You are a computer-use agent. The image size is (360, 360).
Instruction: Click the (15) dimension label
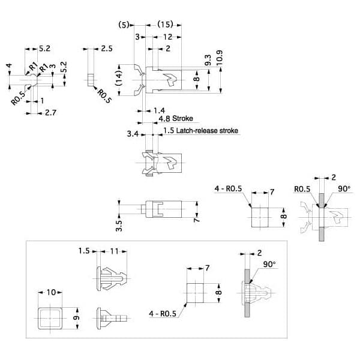pyautogui.click(x=165, y=25)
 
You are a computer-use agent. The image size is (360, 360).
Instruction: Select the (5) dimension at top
pyautogui.click(x=124, y=25)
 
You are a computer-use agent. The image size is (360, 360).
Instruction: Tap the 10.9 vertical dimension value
pyautogui.click(x=220, y=58)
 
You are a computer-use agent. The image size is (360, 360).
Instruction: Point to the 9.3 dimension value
pyautogui.click(x=208, y=60)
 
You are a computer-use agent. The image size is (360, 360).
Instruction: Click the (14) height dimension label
pyautogui.click(x=118, y=78)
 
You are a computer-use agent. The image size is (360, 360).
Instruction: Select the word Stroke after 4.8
pyautogui.click(x=182, y=118)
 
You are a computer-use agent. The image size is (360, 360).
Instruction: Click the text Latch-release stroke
pyautogui.click(x=207, y=131)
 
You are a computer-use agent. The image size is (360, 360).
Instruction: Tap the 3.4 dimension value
pyautogui.click(x=133, y=134)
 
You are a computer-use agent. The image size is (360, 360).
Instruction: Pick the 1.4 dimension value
pyautogui.click(x=159, y=110)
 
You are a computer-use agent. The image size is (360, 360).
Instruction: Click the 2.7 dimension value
pyautogui.click(x=50, y=113)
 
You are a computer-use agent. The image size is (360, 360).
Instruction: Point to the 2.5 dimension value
pyautogui.click(x=107, y=49)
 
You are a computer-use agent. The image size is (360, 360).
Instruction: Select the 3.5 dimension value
pyautogui.click(x=119, y=226)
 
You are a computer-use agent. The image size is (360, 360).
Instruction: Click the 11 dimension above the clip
pyautogui.click(x=114, y=251)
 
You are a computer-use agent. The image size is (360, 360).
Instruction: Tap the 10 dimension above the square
pyautogui.click(x=51, y=292)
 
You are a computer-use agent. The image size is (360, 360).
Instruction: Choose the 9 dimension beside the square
pyautogui.click(x=76, y=318)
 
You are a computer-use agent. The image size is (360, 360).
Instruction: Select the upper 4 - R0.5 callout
pyautogui.click(x=228, y=188)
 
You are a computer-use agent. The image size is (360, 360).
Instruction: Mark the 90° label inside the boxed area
pyautogui.click(x=269, y=264)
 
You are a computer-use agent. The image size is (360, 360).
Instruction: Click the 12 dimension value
pyautogui.click(x=167, y=37)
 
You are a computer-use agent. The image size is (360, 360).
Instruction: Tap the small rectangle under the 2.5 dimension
pyautogui.click(x=91, y=80)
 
